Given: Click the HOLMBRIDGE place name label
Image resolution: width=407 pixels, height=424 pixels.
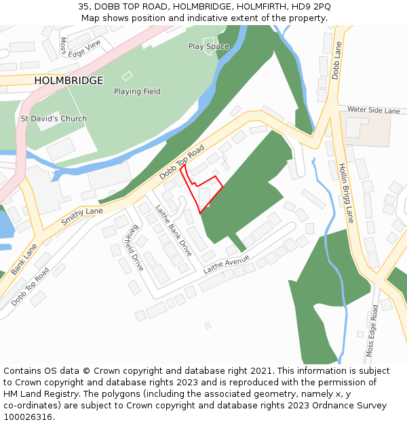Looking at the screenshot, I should pos(69,81).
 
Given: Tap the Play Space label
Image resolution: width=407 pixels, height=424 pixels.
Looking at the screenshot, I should pos(208,47).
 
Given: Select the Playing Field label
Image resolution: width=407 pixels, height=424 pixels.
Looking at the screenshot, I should pos(137,92).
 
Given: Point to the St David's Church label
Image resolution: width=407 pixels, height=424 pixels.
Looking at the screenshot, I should pos(54,119).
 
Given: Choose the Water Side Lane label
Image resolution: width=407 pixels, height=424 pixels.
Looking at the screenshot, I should pos(374,110).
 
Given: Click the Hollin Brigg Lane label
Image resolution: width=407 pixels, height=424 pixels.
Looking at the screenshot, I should pos(346,193).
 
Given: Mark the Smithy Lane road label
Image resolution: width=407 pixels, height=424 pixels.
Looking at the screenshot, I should pos(82,217).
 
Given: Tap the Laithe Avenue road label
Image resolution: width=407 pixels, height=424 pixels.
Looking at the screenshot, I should pos(227,265).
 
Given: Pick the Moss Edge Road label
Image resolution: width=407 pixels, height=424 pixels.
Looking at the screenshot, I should pos(372,330).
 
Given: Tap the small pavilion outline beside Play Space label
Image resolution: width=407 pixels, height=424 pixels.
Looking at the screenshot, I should pos(208,42).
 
